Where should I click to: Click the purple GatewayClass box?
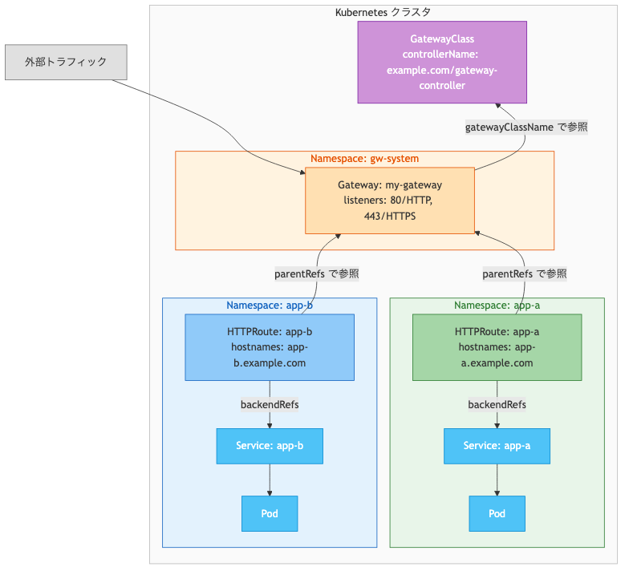(x=442, y=62)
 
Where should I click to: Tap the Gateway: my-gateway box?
(x=389, y=200)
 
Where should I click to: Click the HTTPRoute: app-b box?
(x=270, y=346)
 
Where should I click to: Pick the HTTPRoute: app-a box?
(x=497, y=346)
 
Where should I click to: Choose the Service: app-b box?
(x=270, y=446)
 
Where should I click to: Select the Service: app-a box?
(x=497, y=446)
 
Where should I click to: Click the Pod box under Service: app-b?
(x=270, y=513)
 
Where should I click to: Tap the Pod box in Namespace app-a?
(x=497, y=513)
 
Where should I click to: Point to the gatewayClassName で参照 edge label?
(x=526, y=127)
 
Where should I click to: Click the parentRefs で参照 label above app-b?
(x=316, y=273)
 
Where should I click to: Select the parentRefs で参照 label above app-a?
(x=525, y=273)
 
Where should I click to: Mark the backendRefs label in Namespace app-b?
(x=270, y=404)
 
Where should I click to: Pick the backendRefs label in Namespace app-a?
(x=497, y=404)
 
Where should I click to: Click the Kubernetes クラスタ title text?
(x=382, y=12)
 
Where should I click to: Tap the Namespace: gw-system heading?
(x=364, y=158)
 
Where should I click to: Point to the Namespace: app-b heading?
(x=270, y=306)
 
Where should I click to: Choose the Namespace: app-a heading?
(x=497, y=306)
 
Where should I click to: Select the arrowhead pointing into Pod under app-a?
(x=497, y=492)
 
